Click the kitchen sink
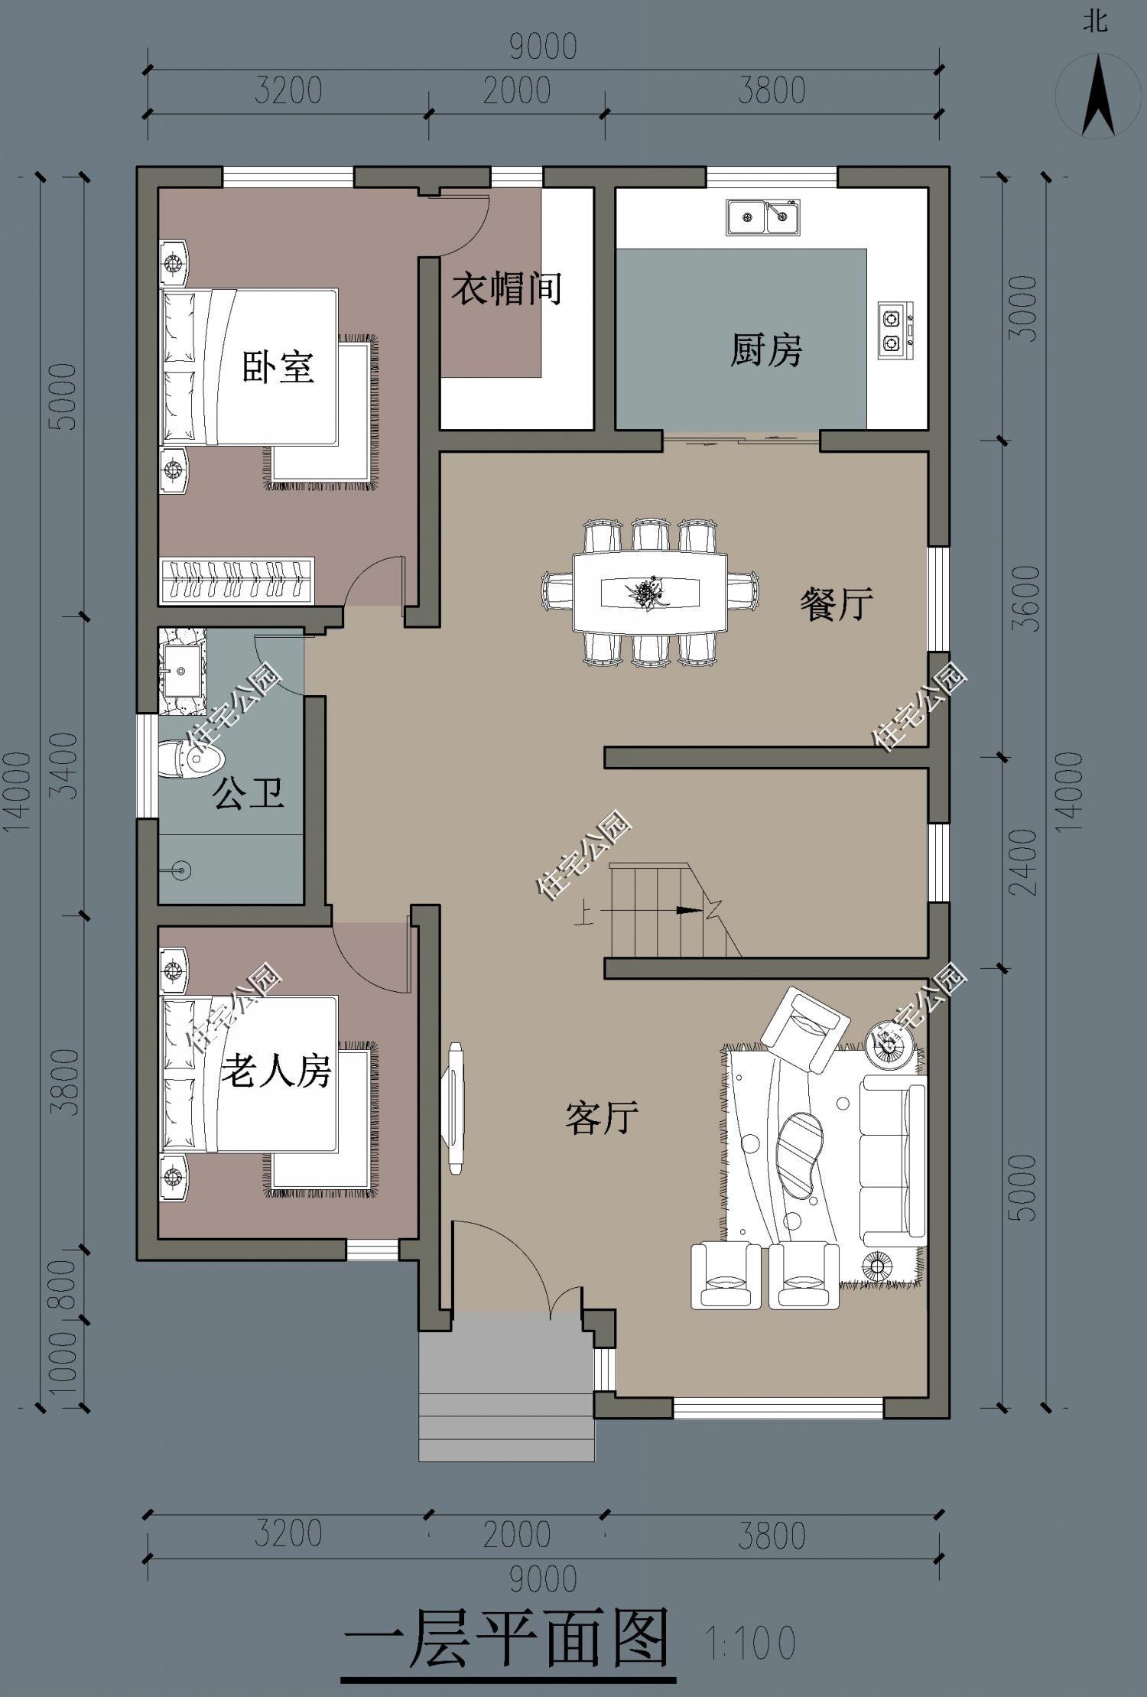(x=762, y=216)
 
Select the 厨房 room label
(x=765, y=351)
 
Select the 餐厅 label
(x=837, y=604)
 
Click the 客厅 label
(x=602, y=1117)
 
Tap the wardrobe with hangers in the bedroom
(x=237, y=580)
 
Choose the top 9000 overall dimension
(x=543, y=47)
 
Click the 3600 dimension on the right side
(x=1024, y=598)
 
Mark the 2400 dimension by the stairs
(x=1024, y=862)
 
